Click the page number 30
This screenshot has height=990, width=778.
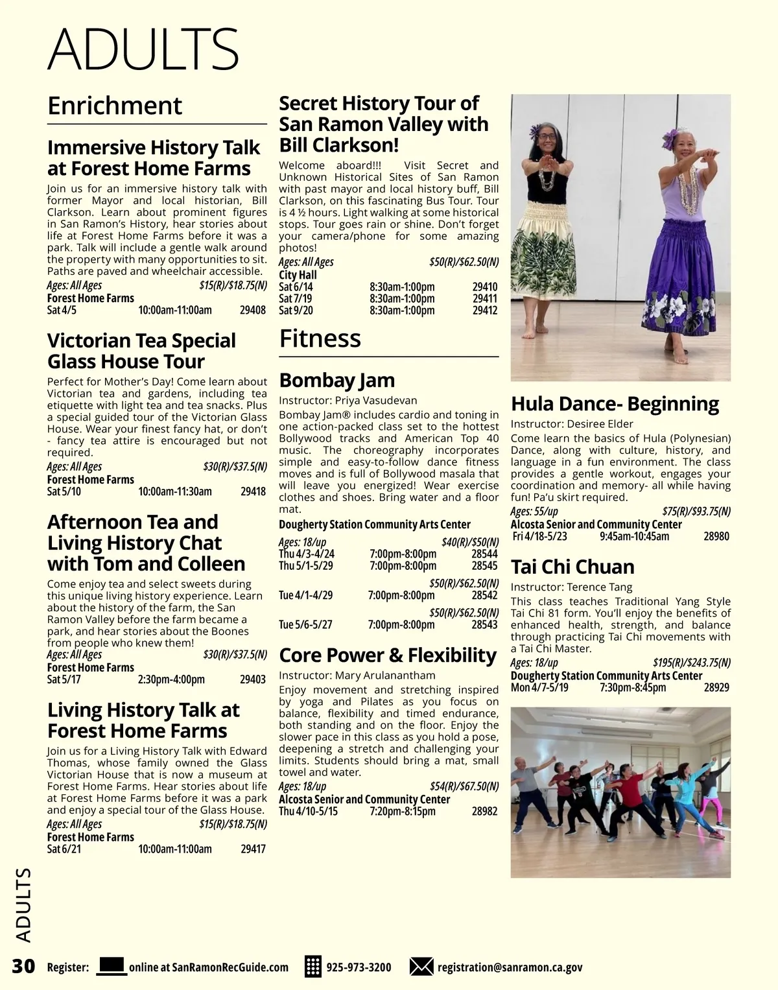point(23,967)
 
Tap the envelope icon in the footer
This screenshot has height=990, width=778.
point(421,967)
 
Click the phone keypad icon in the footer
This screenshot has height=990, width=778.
point(313,967)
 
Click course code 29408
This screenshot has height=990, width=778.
point(253,311)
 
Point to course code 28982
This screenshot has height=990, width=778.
point(485,811)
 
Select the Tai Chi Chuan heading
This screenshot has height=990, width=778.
point(572,567)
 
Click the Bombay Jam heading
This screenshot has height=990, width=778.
point(336,381)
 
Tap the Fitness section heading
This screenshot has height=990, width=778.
point(320,339)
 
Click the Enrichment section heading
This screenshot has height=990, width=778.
point(115,106)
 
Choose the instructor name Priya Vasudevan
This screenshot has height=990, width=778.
point(376,401)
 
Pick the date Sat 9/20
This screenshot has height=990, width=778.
point(296,311)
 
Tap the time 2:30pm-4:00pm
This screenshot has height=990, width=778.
point(171,679)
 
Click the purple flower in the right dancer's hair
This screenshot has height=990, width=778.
point(669,137)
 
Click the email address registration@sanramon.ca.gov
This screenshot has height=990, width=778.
point(510,967)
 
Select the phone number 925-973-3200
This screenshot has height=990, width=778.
point(359,967)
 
